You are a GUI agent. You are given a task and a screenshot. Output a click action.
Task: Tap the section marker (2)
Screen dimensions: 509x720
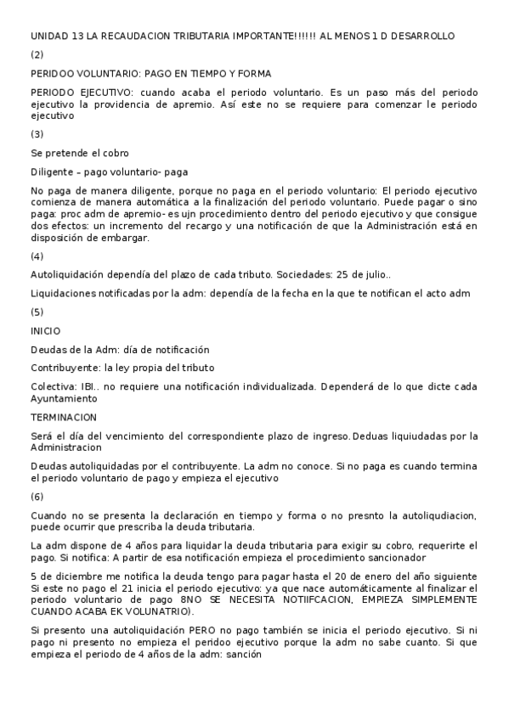coord(37,54)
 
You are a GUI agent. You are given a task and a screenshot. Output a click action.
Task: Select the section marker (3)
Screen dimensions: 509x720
coord(37,133)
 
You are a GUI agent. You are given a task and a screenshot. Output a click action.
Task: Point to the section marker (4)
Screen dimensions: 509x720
coord(37,256)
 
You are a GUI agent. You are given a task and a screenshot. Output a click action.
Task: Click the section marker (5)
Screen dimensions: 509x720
coord(37,312)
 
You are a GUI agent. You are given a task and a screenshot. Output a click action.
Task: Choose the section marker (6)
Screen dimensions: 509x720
coord(37,496)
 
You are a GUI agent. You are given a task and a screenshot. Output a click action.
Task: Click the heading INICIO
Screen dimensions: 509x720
coord(45,330)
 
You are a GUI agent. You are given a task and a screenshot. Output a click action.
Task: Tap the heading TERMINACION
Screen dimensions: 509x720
coord(64,417)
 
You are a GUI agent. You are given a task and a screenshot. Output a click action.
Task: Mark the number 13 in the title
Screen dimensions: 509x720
coord(74,36)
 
